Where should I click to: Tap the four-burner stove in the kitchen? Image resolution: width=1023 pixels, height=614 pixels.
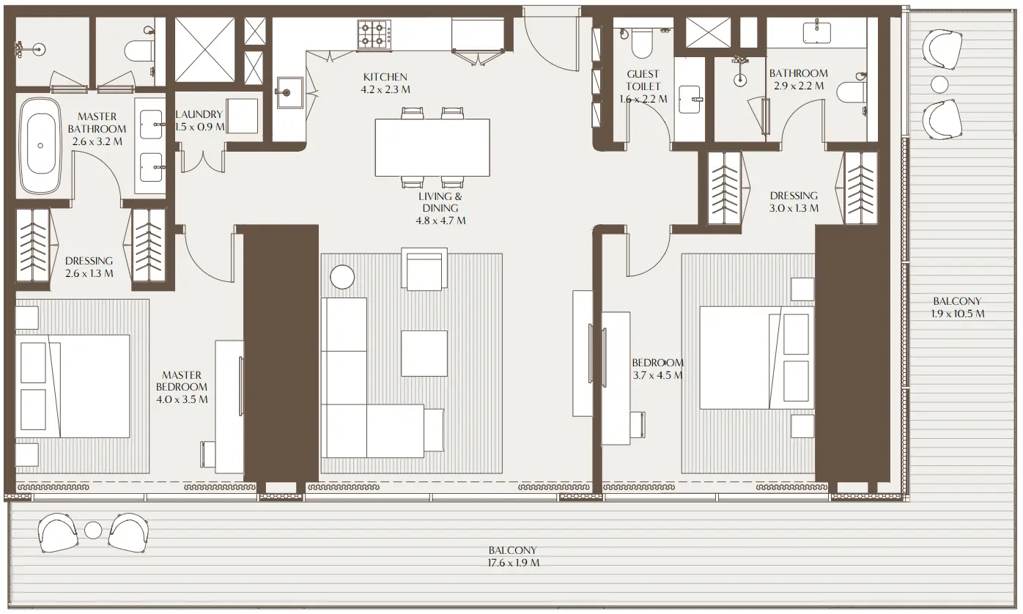pyautogui.click(x=373, y=34)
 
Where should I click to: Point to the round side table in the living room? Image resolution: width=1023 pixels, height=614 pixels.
pyautogui.click(x=342, y=277)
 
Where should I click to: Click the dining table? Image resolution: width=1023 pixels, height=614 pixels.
pyautogui.click(x=432, y=147)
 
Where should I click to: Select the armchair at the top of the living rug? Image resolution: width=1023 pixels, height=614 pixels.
pyautogui.click(x=426, y=269)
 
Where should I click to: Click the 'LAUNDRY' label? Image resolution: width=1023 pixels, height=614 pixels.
pyautogui.click(x=199, y=114)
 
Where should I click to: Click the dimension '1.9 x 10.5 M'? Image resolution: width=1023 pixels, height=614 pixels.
pyautogui.click(x=957, y=314)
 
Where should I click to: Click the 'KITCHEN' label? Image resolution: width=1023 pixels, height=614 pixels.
pyautogui.click(x=385, y=77)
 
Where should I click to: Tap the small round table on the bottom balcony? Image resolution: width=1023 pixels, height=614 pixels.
pyautogui.click(x=93, y=530)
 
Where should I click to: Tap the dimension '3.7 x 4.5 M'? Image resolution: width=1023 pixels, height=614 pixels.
pyautogui.click(x=657, y=375)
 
